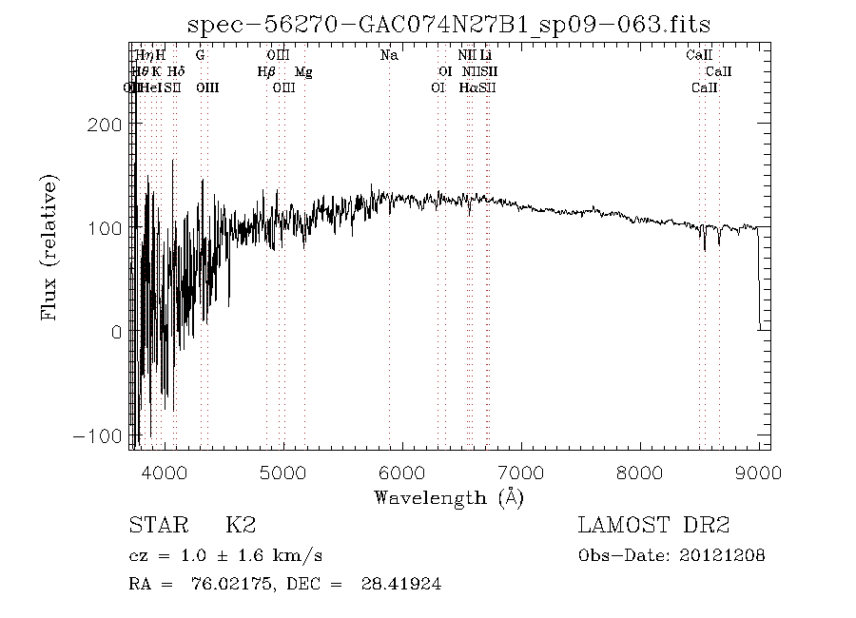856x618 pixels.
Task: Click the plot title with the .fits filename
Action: click(448, 23)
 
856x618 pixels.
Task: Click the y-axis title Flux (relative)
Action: click(49, 247)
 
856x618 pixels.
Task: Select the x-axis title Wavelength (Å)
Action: click(448, 496)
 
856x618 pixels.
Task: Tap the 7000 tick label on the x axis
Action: click(520, 472)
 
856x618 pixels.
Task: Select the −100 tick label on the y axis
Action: click(102, 435)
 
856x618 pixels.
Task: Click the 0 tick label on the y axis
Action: click(115, 332)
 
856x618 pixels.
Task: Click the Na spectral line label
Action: click(389, 55)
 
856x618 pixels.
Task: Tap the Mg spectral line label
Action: click(303, 71)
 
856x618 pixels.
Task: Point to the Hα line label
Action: click(468, 87)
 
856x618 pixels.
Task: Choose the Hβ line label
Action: click(266, 71)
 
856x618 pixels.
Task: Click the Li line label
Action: click(486, 55)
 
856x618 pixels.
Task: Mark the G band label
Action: click(200, 55)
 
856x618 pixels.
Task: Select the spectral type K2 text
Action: click(240, 526)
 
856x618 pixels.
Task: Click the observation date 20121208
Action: click(724, 555)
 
